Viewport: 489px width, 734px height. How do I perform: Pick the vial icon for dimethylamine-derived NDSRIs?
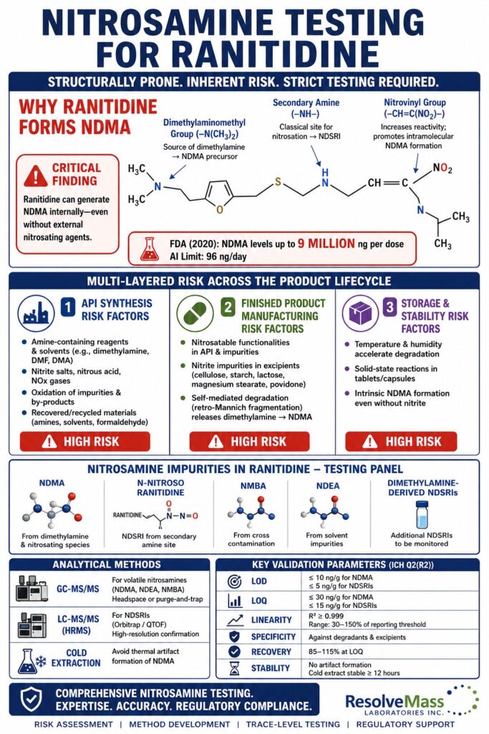422,515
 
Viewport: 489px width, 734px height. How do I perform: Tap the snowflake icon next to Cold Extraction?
42,660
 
